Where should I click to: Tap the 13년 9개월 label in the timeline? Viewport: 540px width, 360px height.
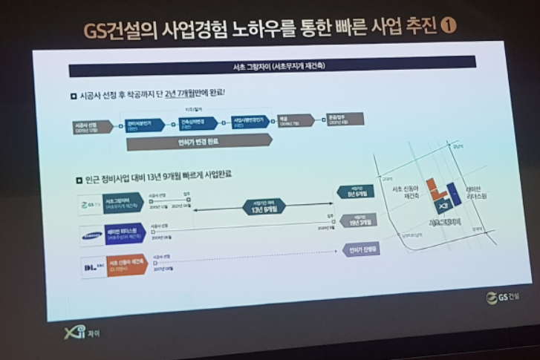[266, 210]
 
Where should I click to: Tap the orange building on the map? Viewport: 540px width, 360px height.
[433, 189]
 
